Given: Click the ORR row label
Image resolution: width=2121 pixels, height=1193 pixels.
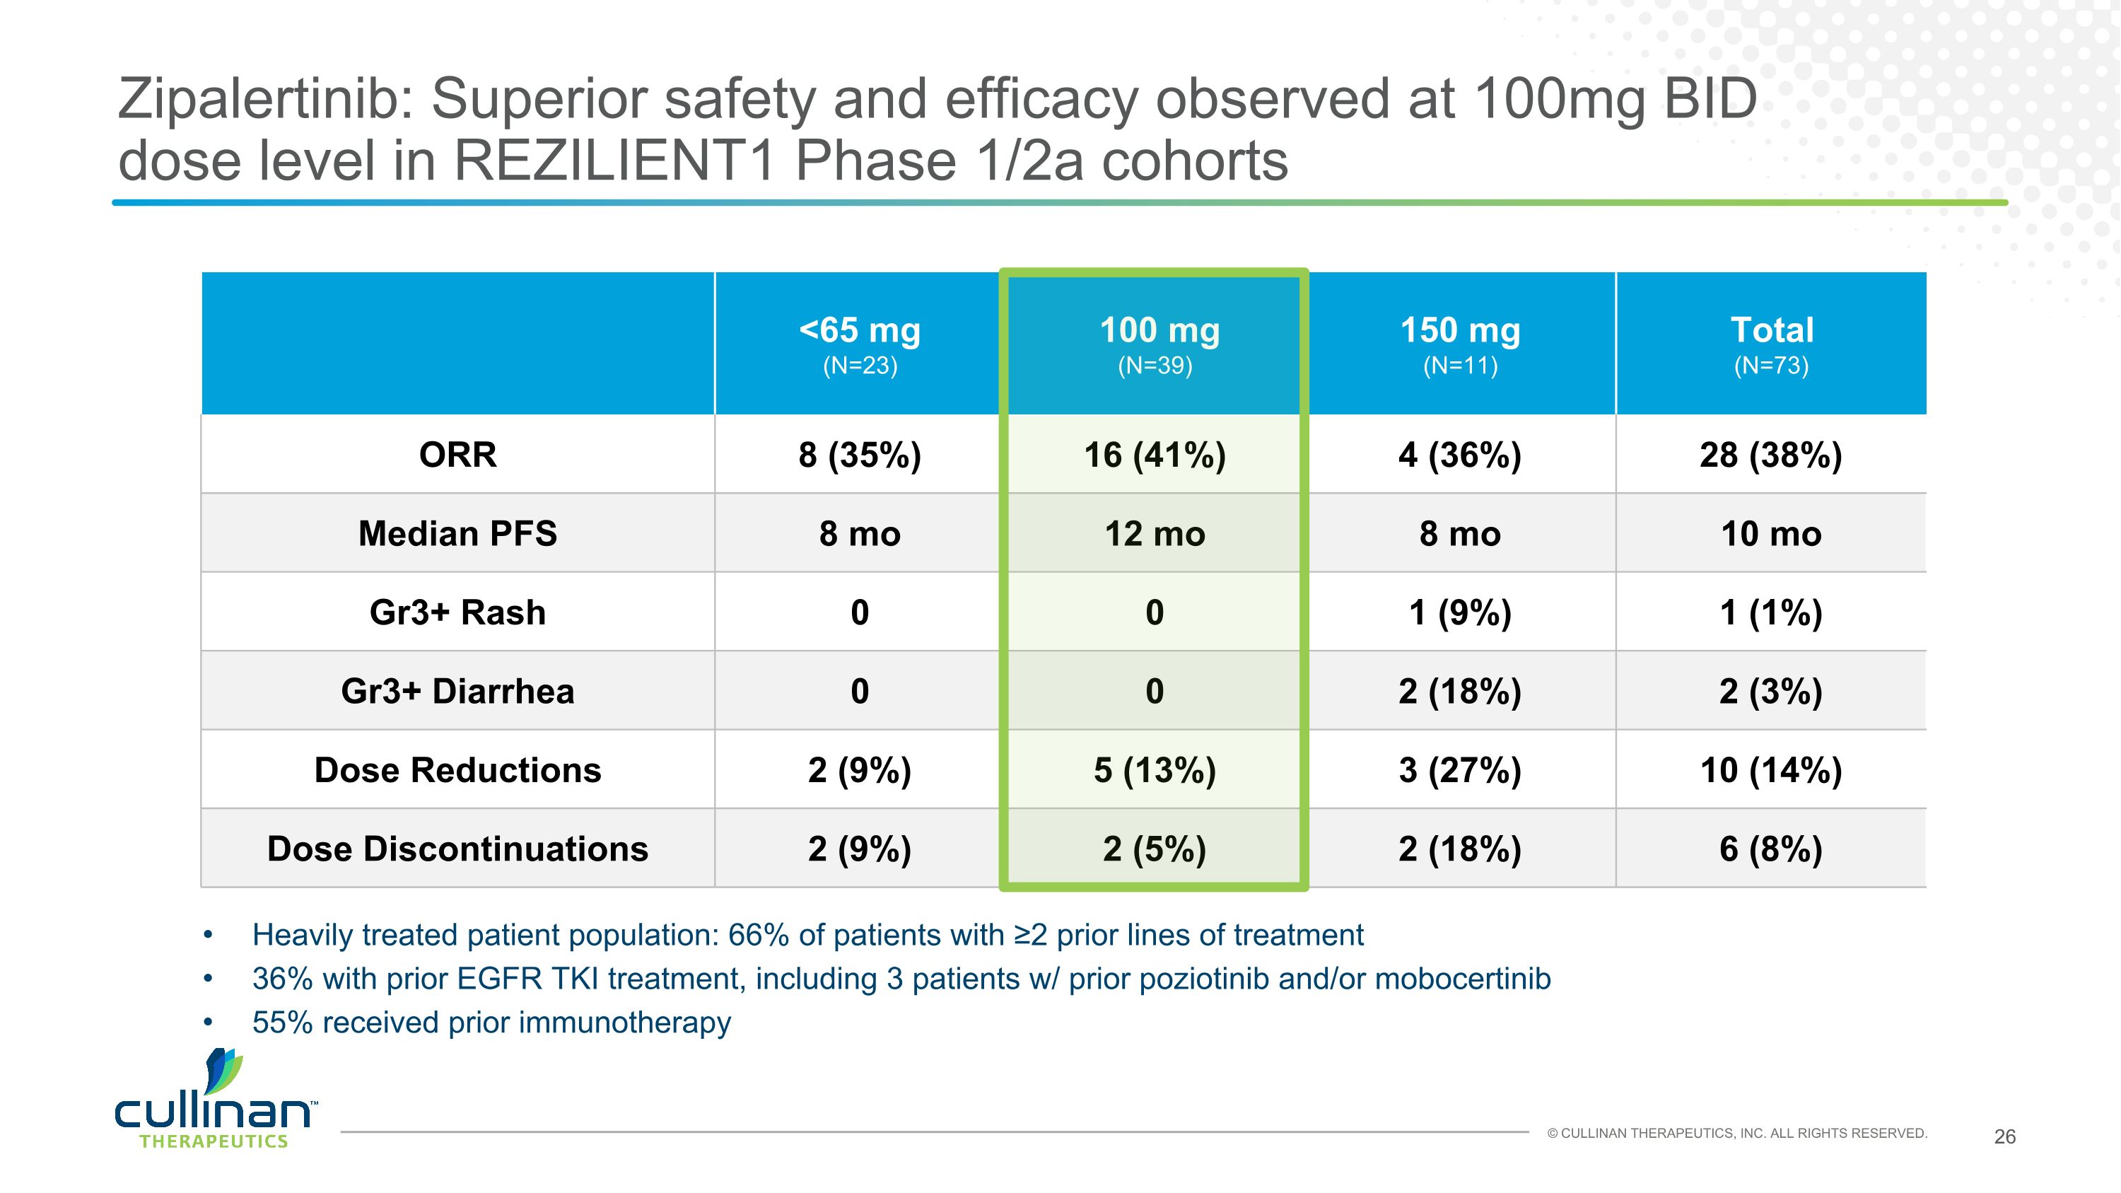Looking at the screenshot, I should tap(458, 455).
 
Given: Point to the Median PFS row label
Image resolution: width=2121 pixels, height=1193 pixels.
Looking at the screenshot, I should tap(458, 533).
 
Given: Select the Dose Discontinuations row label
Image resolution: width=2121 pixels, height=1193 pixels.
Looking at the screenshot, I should tap(458, 849).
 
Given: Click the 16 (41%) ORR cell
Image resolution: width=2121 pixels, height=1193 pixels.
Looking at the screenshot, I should tap(1155, 455).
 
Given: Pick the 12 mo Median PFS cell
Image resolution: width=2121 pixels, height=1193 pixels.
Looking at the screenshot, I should tap(1155, 533).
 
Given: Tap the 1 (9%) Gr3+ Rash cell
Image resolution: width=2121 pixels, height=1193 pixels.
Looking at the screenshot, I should tap(1460, 612).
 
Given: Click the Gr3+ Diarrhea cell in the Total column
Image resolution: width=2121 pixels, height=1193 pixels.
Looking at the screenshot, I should tap(1771, 691).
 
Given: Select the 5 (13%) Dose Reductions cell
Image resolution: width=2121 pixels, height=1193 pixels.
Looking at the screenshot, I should tap(1155, 770).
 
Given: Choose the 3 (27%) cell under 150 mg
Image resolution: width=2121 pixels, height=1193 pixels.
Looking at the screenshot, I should tap(1460, 770).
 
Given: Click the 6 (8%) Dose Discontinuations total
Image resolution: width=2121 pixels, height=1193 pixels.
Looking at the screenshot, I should tap(1771, 849).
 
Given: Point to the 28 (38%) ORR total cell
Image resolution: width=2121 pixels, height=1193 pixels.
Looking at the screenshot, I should tap(1771, 455).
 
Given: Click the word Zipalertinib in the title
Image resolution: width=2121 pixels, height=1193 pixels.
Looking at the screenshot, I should tap(265, 99).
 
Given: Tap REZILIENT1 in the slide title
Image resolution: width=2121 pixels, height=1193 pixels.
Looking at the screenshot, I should tap(614, 161).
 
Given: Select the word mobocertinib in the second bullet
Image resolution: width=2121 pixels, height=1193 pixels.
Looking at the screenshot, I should tap(1462, 979).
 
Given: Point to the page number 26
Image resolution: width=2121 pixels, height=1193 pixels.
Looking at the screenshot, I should tap(2005, 1136).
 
